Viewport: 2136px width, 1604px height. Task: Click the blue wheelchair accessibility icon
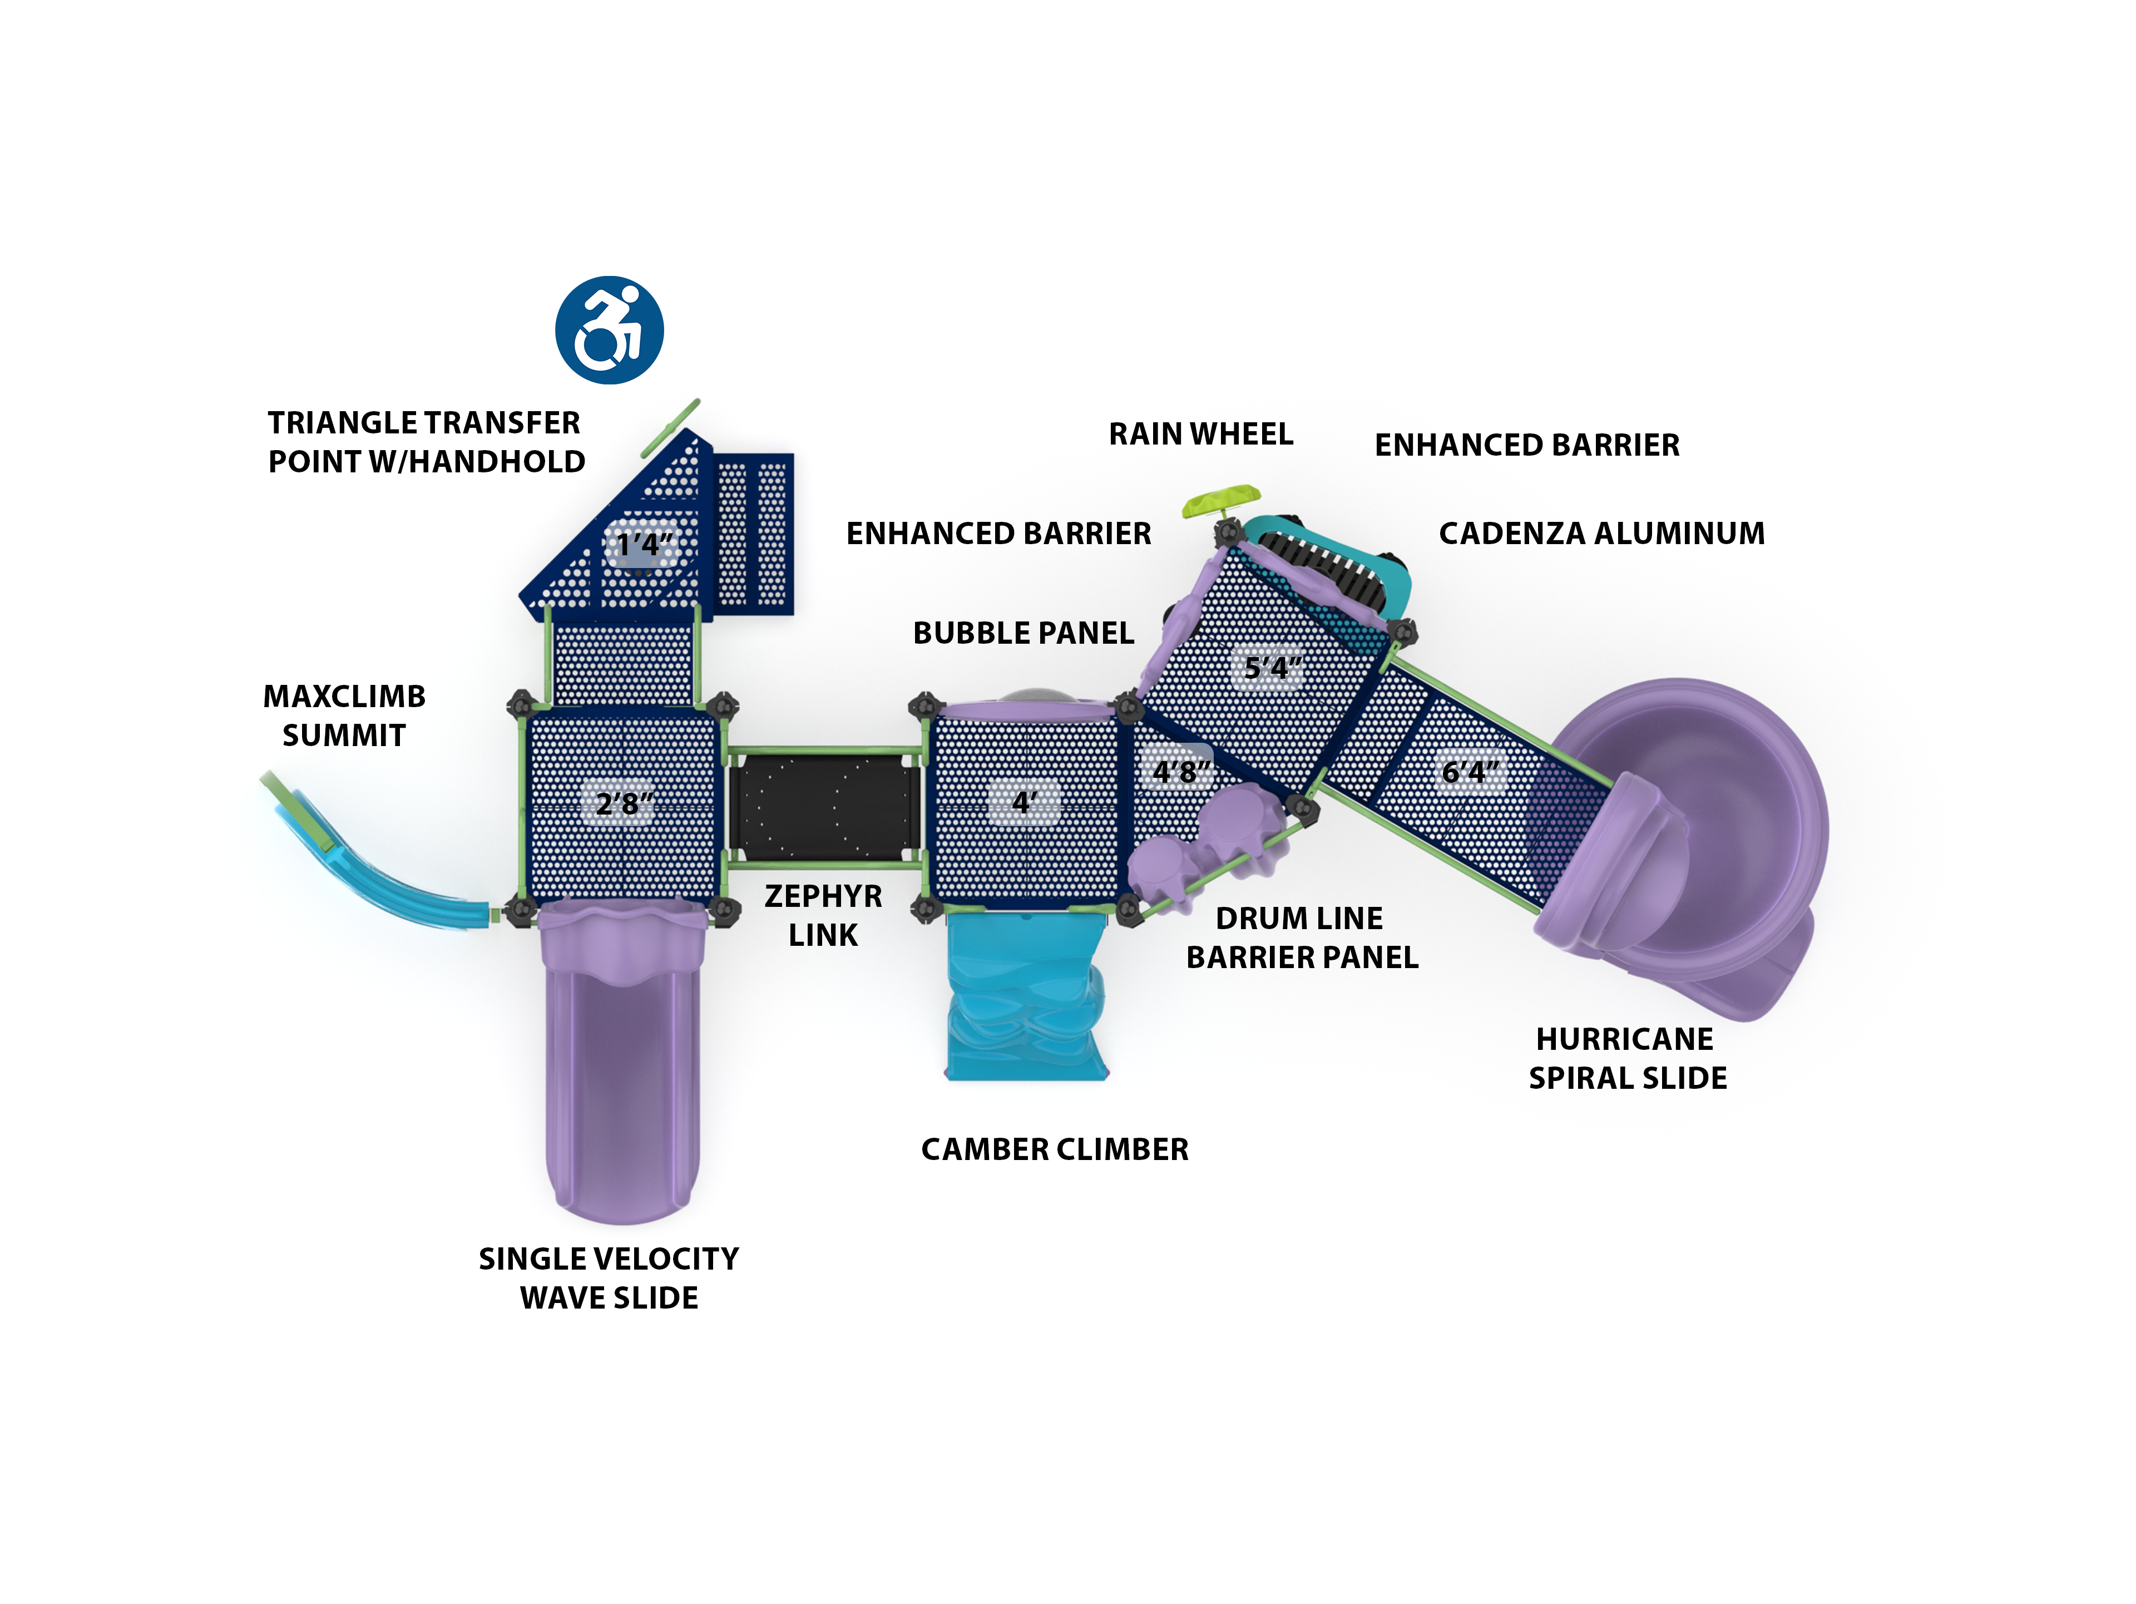[x=609, y=330]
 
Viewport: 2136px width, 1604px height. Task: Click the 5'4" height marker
[x=1272, y=667]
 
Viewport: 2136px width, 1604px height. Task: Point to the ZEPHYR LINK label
[x=823, y=915]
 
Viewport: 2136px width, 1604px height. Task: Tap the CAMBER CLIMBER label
[x=1055, y=1149]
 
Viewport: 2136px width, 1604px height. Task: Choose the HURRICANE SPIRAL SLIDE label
[x=1627, y=1058]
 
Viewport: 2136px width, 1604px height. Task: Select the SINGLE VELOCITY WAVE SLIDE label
[x=609, y=1277]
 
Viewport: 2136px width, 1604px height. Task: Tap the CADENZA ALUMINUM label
[x=1601, y=533]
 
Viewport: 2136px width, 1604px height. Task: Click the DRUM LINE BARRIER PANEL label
[x=1302, y=937]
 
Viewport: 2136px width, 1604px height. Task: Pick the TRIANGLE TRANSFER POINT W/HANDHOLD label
[x=426, y=442]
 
